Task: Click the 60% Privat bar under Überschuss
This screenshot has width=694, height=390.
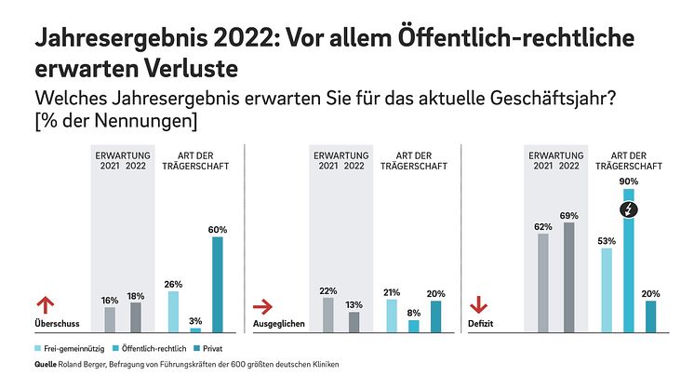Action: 218,285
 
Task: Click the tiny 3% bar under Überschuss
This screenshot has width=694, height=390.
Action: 195,330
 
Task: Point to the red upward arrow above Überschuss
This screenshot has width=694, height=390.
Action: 41,305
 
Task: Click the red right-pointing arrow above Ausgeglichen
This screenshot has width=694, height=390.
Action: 265,305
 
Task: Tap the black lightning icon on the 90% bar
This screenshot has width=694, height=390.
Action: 629,210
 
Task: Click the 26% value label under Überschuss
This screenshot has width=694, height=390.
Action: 172,284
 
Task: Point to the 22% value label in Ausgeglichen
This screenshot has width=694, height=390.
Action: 327,290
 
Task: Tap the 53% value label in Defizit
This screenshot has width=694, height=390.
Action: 607,241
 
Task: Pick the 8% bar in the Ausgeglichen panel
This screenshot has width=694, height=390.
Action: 413,327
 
